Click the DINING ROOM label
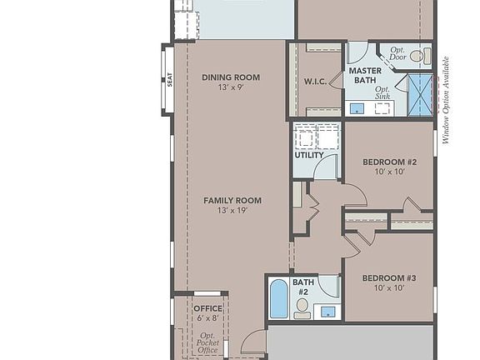[231, 77]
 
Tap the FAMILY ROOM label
[232, 200]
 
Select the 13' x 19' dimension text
[232, 211]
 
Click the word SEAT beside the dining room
[170, 80]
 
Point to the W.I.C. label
[315, 82]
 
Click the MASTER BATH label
[365, 76]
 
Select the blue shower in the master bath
[420, 95]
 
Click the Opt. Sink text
[382, 92]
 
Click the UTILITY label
[309, 156]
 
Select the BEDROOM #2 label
[389, 162]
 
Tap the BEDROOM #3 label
[389, 278]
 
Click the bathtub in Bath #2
[279, 299]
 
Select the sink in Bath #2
[328, 312]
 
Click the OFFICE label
[207, 308]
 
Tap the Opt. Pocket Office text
[207, 342]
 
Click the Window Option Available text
[446, 100]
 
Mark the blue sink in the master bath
[356, 107]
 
